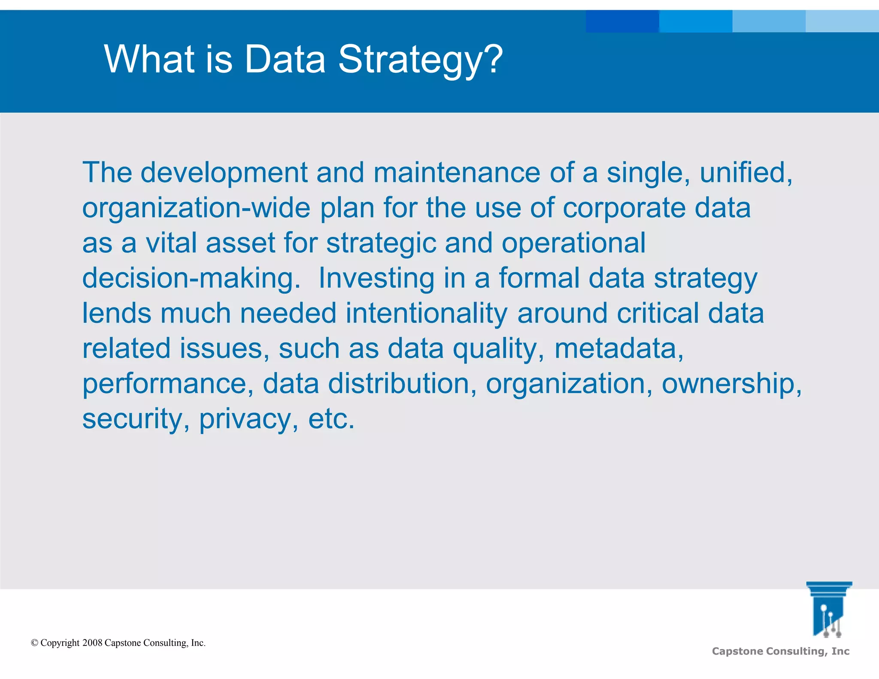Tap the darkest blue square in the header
click(x=622, y=21)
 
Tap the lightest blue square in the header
click(x=842, y=21)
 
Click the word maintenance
click(x=456, y=173)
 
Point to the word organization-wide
click(x=196, y=209)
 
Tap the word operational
click(x=573, y=244)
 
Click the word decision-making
click(x=191, y=279)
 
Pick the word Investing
click(x=376, y=279)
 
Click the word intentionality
click(x=427, y=314)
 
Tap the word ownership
click(x=730, y=384)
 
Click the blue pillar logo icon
click(x=828, y=609)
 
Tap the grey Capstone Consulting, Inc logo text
click(x=780, y=651)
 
